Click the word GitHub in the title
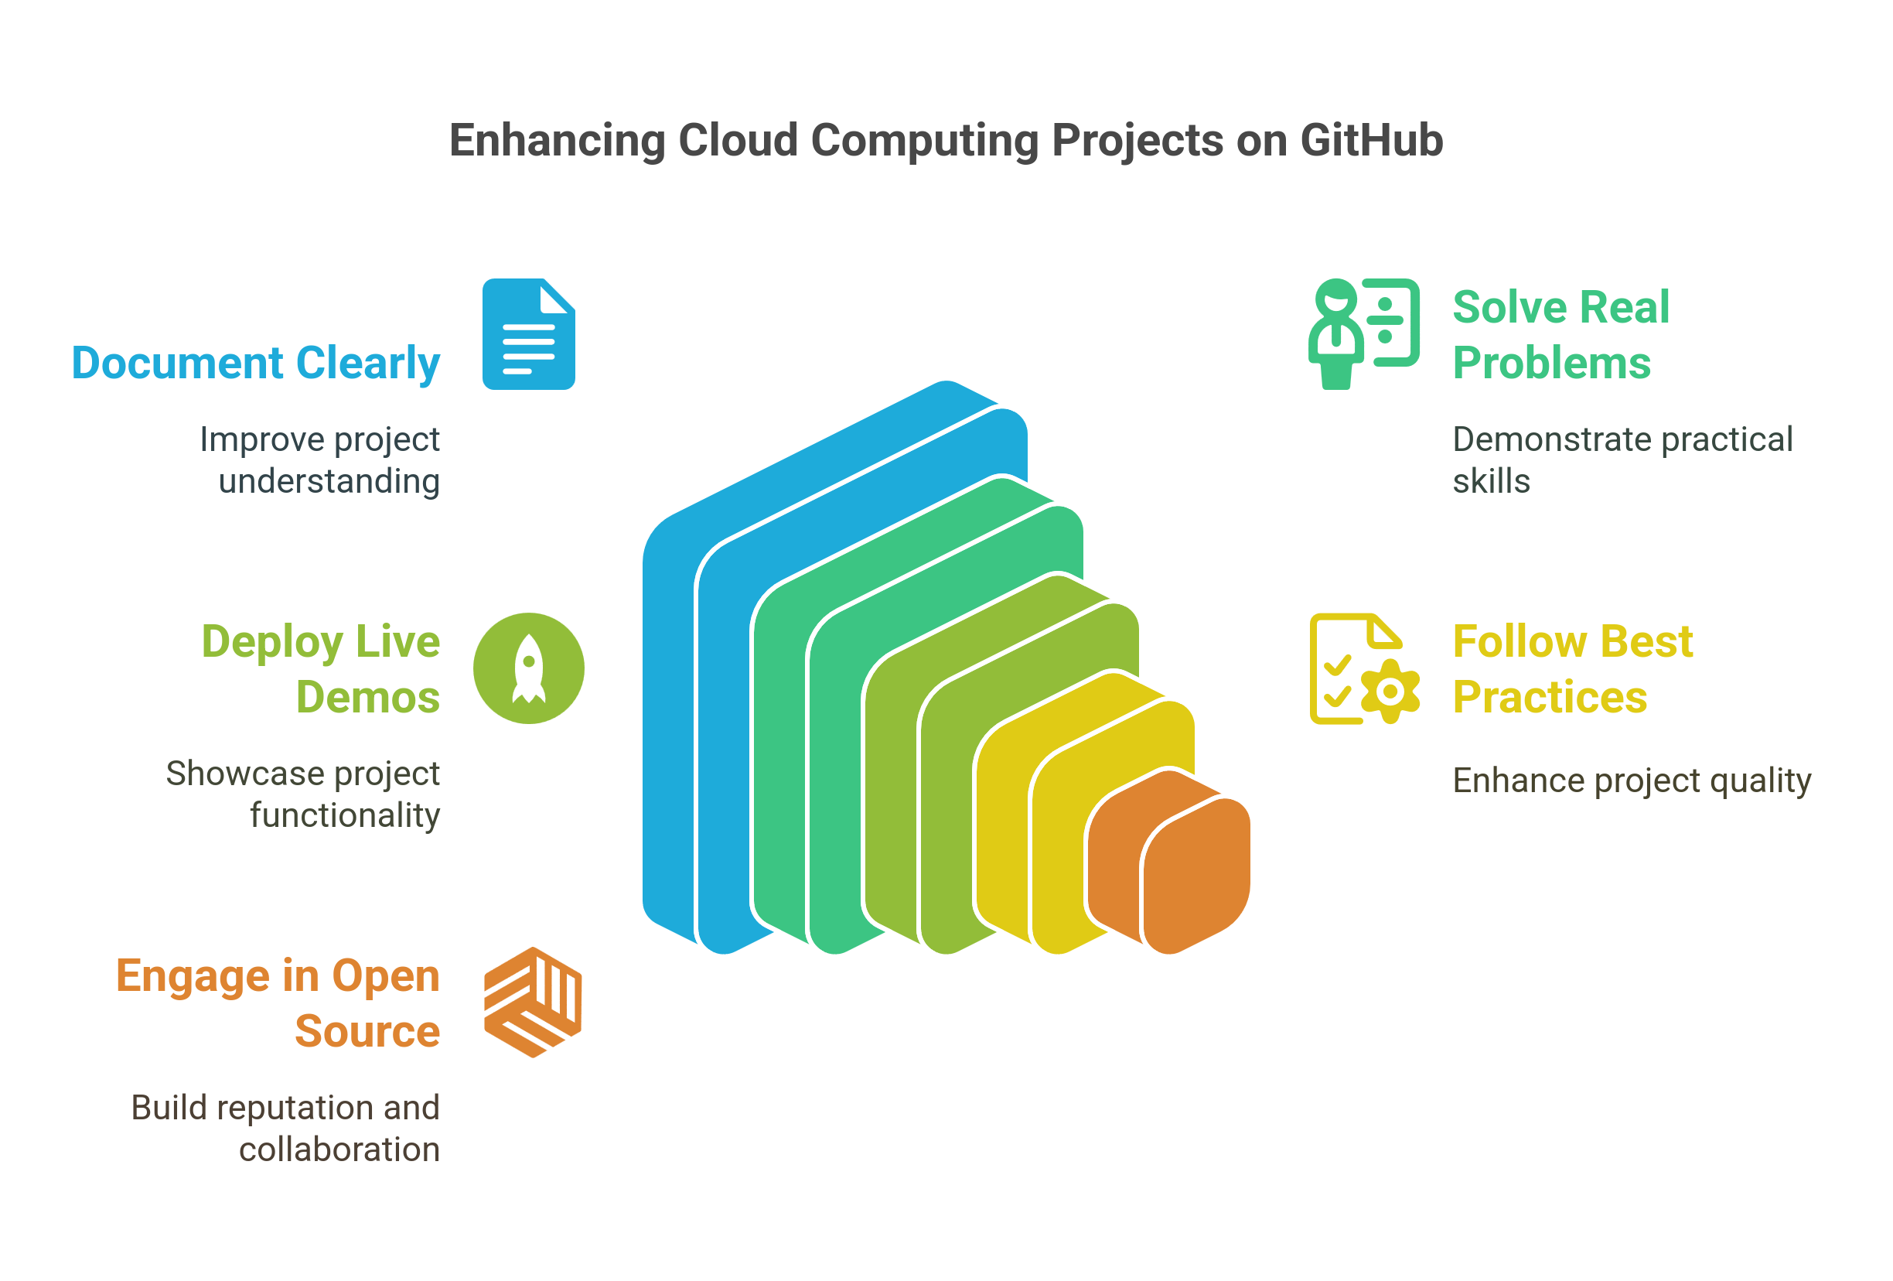coord(1371,140)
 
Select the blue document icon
coord(529,335)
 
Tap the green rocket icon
coord(529,668)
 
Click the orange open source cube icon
coord(533,1003)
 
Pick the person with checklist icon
coord(1363,334)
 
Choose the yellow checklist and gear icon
coord(1364,668)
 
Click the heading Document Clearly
coord(256,364)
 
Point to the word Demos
coord(367,698)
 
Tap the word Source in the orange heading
coord(367,1032)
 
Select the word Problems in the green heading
coord(1552,364)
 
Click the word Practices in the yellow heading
coord(1549,698)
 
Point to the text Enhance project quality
coord(1632,781)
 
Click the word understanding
coord(329,482)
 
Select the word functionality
coord(345,815)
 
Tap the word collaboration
coord(339,1149)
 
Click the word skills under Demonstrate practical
coord(1491,482)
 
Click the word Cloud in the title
coord(738,140)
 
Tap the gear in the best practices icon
coord(1390,692)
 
